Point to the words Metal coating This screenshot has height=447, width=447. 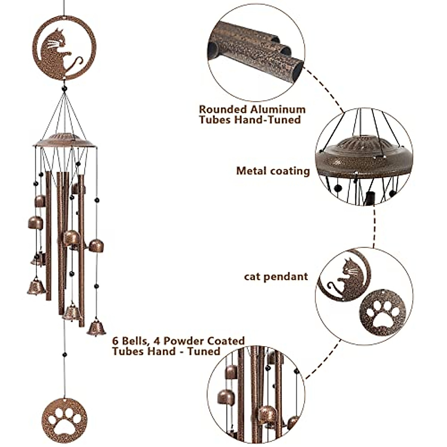[x=273, y=171]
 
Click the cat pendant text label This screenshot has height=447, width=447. [x=276, y=276]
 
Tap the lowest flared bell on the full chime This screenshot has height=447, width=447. [x=96, y=328]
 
